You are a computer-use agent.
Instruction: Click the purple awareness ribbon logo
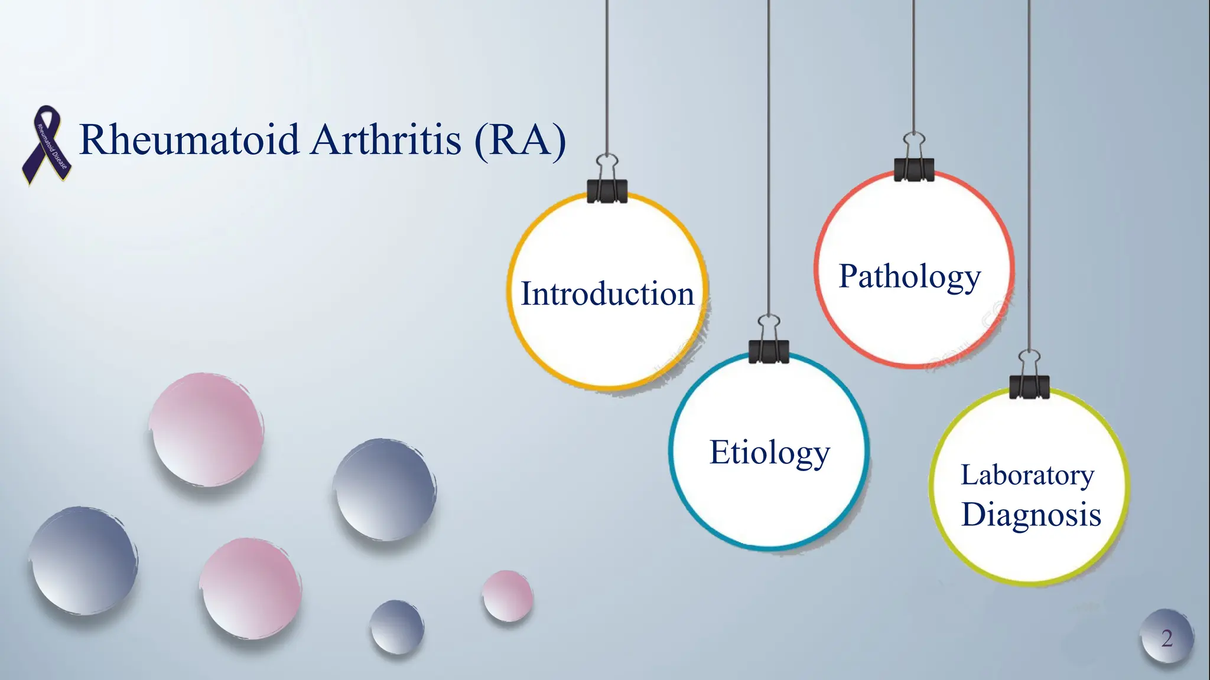pyautogui.click(x=47, y=145)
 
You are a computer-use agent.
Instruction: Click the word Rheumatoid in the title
pyautogui.click(x=189, y=140)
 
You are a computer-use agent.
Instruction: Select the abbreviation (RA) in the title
pyautogui.click(x=520, y=140)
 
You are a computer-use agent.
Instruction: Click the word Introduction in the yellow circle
pyautogui.click(x=607, y=293)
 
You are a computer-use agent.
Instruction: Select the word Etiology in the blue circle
pyautogui.click(x=769, y=453)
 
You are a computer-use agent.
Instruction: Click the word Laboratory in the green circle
pyautogui.click(x=1027, y=475)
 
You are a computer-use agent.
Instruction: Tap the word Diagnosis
pyautogui.click(x=1031, y=514)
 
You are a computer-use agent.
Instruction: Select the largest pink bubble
pyautogui.click(x=206, y=429)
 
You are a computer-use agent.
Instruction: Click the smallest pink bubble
pyautogui.click(x=507, y=596)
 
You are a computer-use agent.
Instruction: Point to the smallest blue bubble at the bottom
pyautogui.click(x=397, y=627)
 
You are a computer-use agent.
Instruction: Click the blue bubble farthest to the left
pyautogui.click(x=83, y=561)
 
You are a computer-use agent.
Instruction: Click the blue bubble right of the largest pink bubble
pyautogui.click(x=385, y=490)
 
